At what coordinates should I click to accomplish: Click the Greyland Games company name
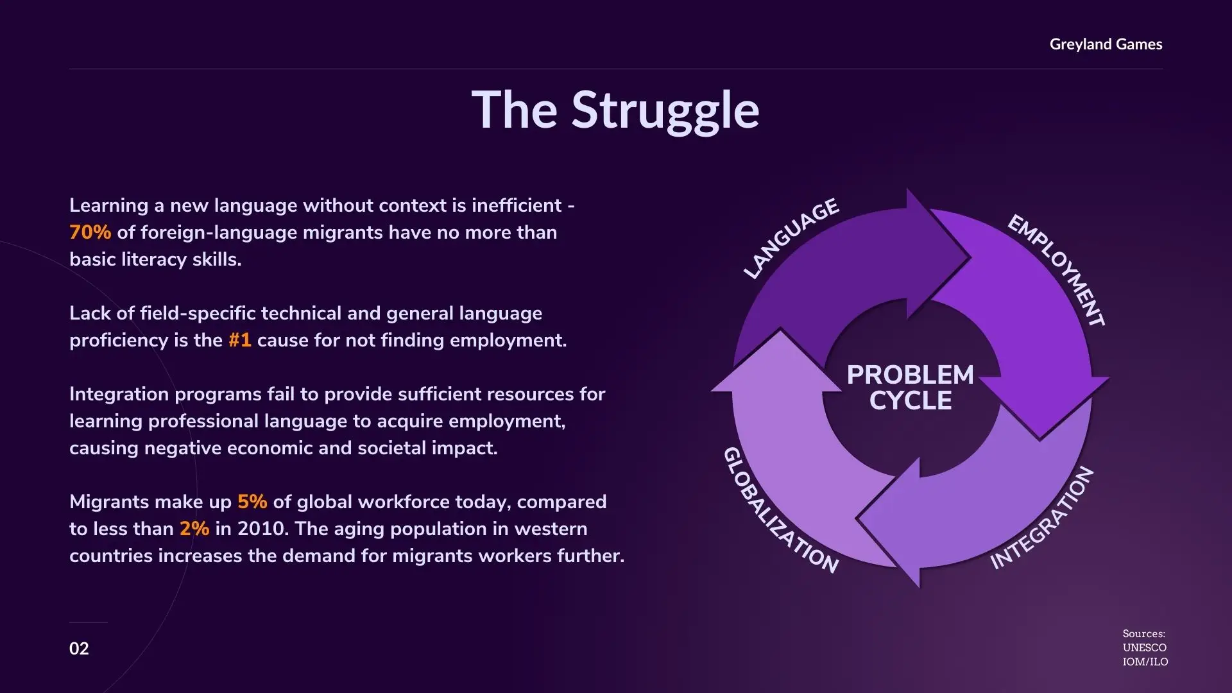(x=1106, y=44)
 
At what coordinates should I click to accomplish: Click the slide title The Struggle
(x=615, y=110)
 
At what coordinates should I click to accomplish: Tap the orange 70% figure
(x=90, y=232)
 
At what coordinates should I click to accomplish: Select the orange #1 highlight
(x=240, y=340)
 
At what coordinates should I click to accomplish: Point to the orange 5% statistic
(x=252, y=502)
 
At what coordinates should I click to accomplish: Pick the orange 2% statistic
(x=194, y=529)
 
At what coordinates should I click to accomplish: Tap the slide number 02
(x=79, y=649)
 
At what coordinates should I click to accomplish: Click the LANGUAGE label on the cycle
(x=791, y=238)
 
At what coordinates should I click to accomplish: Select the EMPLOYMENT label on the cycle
(x=1057, y=270)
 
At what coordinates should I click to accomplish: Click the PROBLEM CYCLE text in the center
(x=911, y=388)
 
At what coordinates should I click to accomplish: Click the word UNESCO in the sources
(x=1145, y=648)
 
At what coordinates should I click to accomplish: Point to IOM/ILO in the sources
(x=1145, y=662)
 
